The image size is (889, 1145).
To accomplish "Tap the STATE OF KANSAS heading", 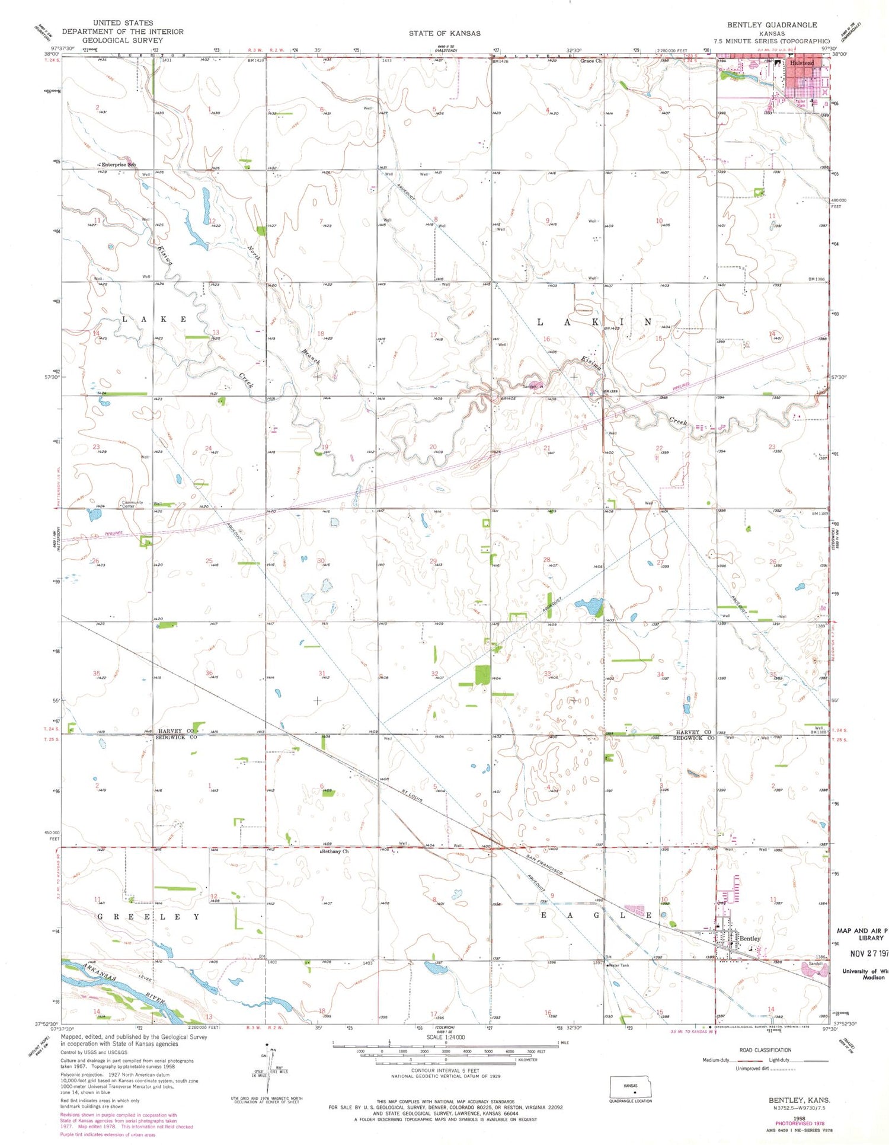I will [x=444, y=33].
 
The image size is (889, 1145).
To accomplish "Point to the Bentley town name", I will [x=750, y=939].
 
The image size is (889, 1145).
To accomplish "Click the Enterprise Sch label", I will [x=119, y=165].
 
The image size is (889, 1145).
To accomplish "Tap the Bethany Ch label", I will [x=335, y=851].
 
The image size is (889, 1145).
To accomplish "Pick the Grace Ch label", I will [x=590, y=60].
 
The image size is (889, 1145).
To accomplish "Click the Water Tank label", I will [x=619, y=965].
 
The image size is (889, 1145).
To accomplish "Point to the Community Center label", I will [x=132, y=504].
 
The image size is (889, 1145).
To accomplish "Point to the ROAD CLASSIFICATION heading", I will [x=765, y=1050].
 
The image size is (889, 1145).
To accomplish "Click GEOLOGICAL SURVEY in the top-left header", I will [x=123, y=40].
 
